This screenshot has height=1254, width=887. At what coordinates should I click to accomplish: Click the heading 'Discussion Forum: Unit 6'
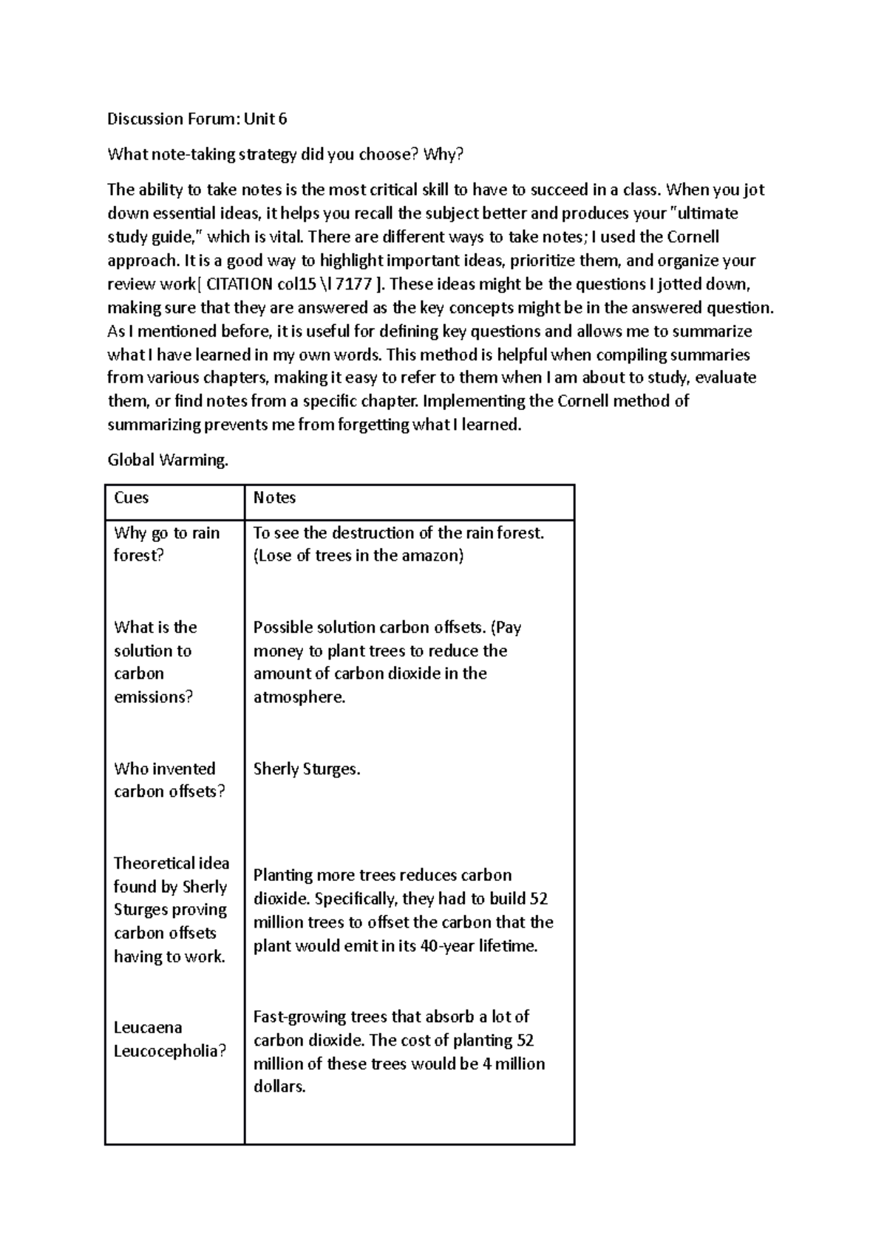[197, 119]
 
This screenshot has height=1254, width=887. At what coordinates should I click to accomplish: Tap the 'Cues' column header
[132, 498]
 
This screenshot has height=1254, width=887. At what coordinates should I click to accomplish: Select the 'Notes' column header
[274, 498]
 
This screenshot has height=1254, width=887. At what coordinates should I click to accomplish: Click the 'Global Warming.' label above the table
[168, 460]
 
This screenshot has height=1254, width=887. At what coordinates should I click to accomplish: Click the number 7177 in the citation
[353, 284]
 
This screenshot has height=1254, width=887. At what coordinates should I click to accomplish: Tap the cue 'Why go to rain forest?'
[166, 544]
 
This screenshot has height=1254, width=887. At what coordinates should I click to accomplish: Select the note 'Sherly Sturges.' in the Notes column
[307, 769]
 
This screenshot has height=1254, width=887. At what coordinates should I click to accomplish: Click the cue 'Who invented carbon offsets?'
[169, 780]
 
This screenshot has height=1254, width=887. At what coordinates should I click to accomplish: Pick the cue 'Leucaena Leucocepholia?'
[169, 1039]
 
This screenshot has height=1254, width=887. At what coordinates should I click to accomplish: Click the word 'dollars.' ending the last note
[279, 1087]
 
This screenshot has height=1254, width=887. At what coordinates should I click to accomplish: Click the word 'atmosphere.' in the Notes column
[299, 697]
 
